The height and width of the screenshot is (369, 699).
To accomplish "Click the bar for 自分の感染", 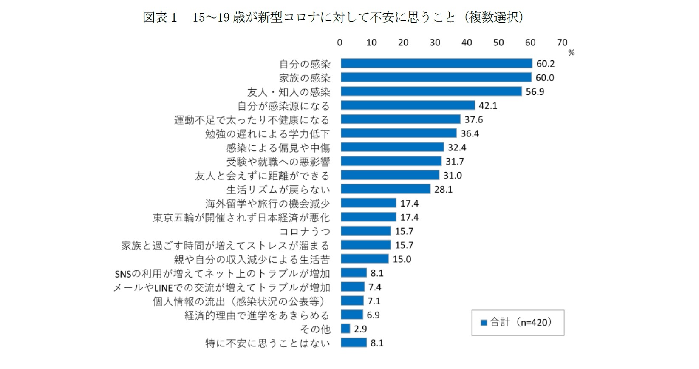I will [x=436, y=63].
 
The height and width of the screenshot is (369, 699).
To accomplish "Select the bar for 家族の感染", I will [x=436, y=77].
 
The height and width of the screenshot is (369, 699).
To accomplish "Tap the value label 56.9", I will [x=535, y=92].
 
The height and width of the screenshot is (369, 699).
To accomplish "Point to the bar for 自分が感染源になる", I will [x=408, y=105].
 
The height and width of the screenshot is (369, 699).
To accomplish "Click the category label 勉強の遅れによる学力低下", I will [x=267, y=134].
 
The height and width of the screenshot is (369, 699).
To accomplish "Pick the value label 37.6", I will [x=473, y=120].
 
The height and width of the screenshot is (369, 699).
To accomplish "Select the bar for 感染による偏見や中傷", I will [x=392, y=148].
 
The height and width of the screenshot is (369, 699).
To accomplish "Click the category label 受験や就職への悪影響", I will [x=278, y=162].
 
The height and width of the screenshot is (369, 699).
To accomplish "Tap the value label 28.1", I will [x=443, y=190].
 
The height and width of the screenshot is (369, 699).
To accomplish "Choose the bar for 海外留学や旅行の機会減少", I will [x=368, y=203].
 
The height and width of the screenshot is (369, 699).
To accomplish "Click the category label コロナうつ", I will [x=304, y=232].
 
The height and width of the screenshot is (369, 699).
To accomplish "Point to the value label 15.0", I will [x=402, y=259].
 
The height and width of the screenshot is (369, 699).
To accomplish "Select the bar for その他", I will [x=345, y=329].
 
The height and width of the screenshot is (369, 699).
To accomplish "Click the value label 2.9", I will [x=360, y=329].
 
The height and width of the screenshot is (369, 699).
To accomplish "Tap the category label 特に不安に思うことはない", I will [x=267, y=343].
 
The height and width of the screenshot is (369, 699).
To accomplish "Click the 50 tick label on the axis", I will [x=498, y=43].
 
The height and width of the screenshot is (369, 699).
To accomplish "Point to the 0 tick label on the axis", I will [x=340, y=43].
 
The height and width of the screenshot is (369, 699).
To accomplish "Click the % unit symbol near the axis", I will [x=571, y=53].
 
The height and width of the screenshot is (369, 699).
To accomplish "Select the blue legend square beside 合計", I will [x=483, y=323].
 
